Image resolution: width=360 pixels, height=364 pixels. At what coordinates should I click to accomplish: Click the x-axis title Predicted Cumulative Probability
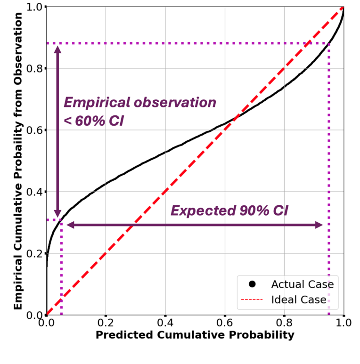pyautogui.click(x=195, y=335)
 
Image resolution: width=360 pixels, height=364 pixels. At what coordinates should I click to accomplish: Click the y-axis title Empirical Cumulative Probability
pyautogui.click(x=18, y=161)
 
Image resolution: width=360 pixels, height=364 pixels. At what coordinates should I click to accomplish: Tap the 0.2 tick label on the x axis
pyautogui.click(x=106, y=324)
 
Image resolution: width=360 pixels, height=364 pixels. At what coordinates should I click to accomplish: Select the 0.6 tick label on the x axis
pyautogui.click(x=225, y=324)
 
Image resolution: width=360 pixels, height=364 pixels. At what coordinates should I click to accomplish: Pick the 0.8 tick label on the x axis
pyautogui.click(x=284, y=324)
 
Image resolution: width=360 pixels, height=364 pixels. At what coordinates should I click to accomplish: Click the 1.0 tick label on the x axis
pyautogui.click(x=343, y=324)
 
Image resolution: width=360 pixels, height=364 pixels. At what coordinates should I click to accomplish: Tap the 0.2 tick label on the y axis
pyautogui.click(x=33, y=253)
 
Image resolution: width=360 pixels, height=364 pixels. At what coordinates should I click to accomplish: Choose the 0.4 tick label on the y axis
pyautogui.click(x=33, y=192)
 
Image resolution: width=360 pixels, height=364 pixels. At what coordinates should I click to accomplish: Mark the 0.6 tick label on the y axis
pyautogui.click(x=33, y=130)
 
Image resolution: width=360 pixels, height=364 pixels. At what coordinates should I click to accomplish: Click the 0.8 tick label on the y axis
pyautogui.click(x=33, y=69)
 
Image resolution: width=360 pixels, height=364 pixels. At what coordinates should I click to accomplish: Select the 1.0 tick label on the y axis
pyautogui.click(x=33, y=8)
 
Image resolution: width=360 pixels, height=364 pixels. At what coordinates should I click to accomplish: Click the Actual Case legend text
pyautogui.click(x=302, y=284)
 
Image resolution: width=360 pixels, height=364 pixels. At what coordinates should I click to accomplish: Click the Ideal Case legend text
pyautogui.click(x=298, y=299)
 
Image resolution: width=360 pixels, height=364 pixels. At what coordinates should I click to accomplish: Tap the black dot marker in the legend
pyautogui.click(x=252, y=284)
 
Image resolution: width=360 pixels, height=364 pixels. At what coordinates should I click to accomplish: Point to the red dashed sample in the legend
pyautogui.click(x=252, y=299)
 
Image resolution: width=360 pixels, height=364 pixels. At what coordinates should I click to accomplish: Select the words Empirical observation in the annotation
pyautogui.click(x=140, y=103)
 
